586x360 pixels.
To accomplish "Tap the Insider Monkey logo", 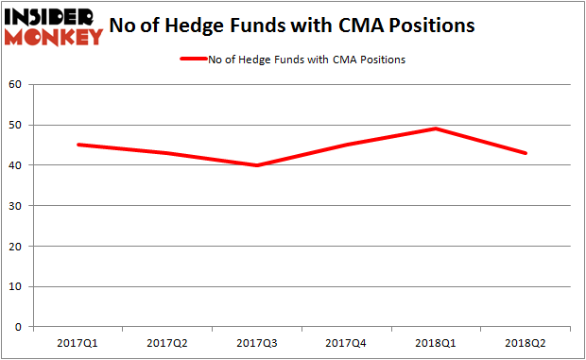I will click(53, 26).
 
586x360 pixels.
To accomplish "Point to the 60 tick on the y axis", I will click(16, 85).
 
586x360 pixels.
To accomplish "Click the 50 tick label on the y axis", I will click(16, 125).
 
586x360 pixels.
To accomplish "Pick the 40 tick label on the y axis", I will click(16, 165).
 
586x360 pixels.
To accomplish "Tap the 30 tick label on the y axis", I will click(16, 206).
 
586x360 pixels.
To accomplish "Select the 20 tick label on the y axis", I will click(16, 246).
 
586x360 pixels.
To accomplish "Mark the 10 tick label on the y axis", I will click(16, 286).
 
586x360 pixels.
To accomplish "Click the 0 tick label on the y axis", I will click(20, 327).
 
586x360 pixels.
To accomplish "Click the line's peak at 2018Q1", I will click(437, 129).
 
